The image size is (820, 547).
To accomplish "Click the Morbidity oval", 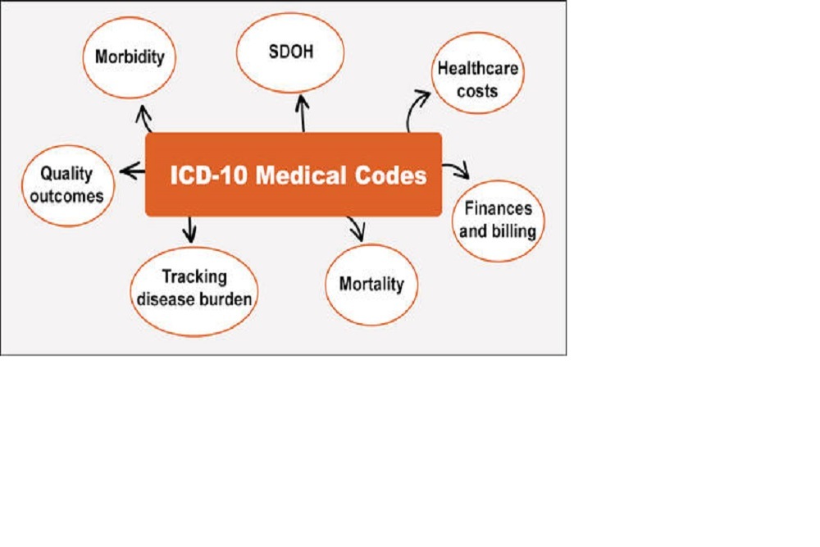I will [130, 58].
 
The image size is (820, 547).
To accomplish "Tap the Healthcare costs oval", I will [477, 79].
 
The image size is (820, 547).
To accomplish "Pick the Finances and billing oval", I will [498, 220].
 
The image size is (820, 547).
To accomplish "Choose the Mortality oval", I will [371, 285].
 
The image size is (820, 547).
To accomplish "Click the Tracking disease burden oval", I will [194, 289].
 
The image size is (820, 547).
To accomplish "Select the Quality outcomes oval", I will [67, 185].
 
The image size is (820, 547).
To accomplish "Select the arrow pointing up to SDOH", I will [303, 113].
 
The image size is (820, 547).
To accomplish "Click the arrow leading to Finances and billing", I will [456, 170].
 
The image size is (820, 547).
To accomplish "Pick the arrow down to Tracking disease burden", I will [190, 228].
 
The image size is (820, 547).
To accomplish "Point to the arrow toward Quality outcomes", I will [132, 171].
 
